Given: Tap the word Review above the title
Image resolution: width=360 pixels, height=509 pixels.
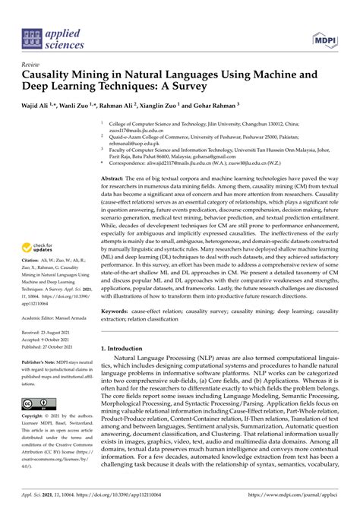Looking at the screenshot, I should pyautogui.click(x=31, y=65).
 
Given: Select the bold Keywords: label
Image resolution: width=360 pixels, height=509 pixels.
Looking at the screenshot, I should pyautogui.click(x=118, y=311).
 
